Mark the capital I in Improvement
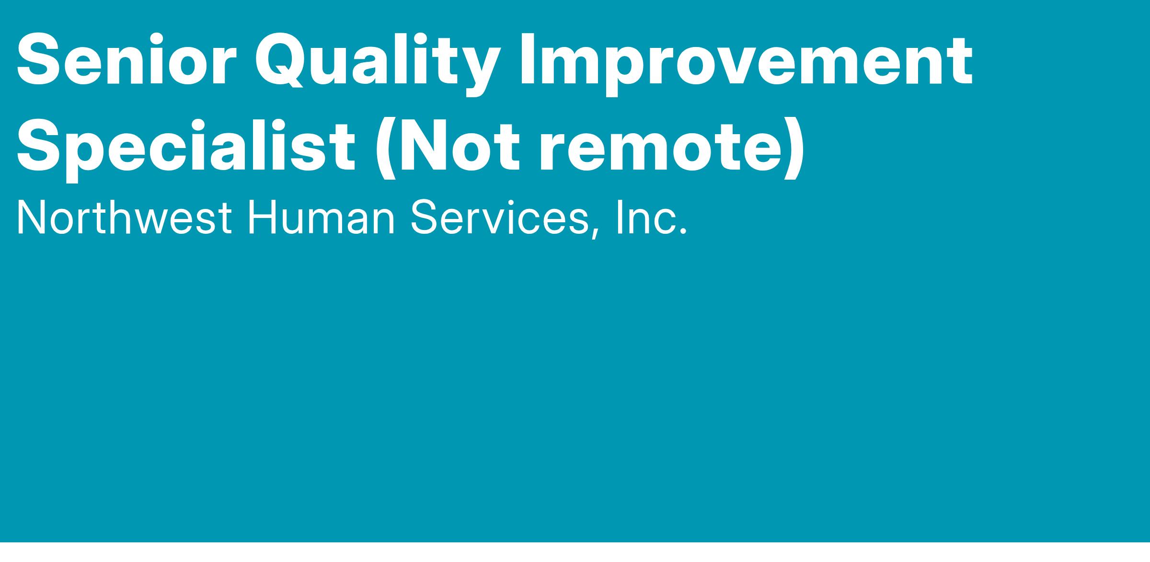pos(529,60)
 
